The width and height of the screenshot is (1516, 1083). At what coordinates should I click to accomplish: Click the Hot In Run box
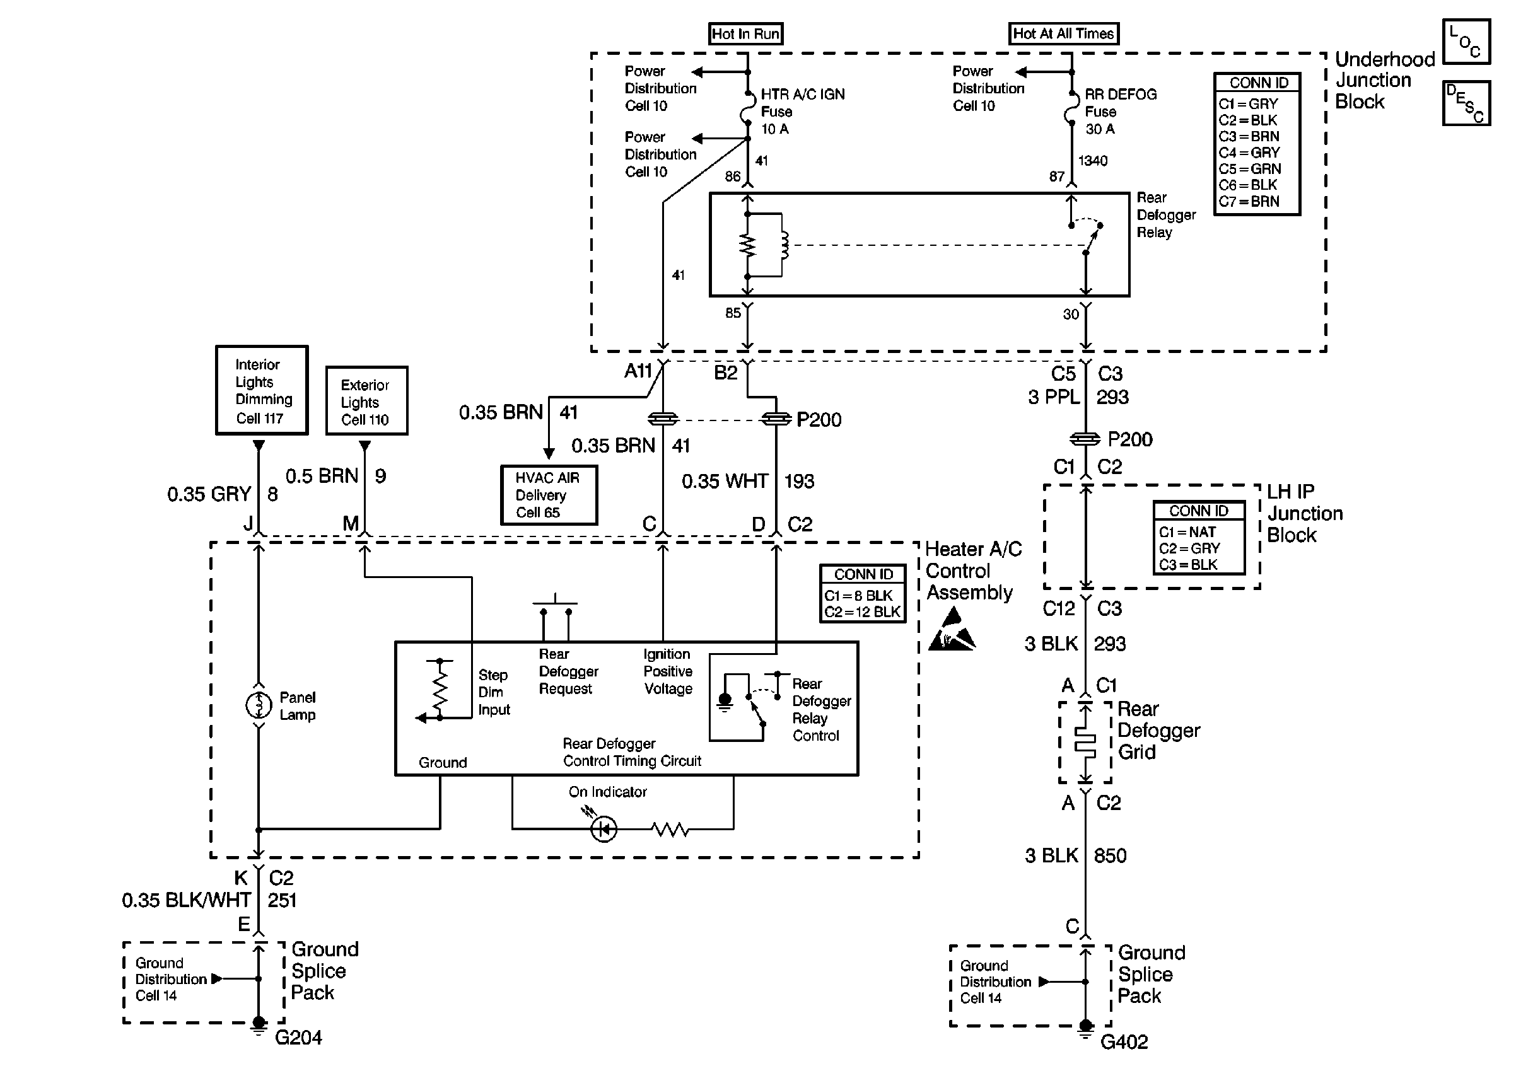pos(745,34)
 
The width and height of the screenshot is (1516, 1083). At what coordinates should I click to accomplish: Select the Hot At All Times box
pos(1063,33)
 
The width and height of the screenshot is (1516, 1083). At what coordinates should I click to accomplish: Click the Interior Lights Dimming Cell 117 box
pos(262,391)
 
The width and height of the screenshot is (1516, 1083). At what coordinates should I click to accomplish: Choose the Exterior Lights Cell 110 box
pos(366,402)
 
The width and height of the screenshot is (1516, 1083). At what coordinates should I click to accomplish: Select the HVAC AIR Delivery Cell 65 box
pos(548,495)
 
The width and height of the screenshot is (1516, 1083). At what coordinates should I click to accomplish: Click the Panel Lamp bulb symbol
pos(259,705)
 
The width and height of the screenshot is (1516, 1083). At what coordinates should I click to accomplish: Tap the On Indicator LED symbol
pos(604,830)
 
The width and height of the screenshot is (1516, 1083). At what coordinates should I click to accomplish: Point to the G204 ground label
pos(298,1037)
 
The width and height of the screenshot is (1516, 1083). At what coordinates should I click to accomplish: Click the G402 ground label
pos(1124,1041)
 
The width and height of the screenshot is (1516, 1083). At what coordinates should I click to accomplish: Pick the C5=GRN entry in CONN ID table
pos(1249,169)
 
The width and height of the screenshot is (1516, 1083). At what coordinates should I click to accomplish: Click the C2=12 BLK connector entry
pos(863,611)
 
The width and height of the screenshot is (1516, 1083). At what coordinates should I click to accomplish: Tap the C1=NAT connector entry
pos(1187,532)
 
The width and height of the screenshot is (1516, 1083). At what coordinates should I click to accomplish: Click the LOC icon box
pos(1466,42)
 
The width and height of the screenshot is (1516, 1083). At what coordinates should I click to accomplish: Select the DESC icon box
pos(1466,103)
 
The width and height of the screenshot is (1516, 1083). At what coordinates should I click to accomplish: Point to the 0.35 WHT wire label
pos(725,482)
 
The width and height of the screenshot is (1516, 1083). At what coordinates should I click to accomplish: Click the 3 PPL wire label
pos(1053,397)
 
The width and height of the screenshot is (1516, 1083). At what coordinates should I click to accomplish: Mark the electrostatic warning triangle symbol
pos(952,632)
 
